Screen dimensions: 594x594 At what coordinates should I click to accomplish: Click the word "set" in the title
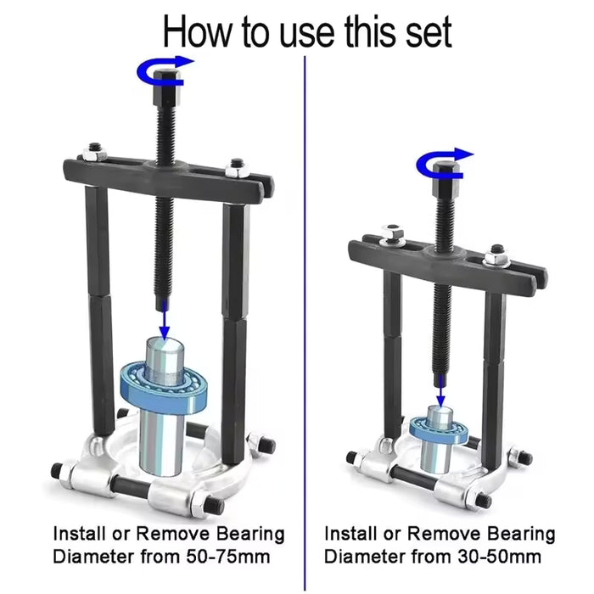429,32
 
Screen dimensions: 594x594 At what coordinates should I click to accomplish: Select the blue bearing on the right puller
440,429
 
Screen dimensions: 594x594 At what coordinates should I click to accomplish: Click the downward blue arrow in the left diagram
164,319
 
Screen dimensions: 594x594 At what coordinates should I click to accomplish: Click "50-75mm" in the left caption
228,557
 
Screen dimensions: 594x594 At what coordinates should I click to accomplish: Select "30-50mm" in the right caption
499,557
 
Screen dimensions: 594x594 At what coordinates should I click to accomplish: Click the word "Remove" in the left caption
173,534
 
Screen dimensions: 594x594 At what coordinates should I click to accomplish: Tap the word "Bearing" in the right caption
521,534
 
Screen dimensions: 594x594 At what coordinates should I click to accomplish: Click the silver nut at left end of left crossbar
94,152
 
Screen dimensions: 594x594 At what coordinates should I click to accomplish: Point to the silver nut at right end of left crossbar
238,168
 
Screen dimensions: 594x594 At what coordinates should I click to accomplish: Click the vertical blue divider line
305,322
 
